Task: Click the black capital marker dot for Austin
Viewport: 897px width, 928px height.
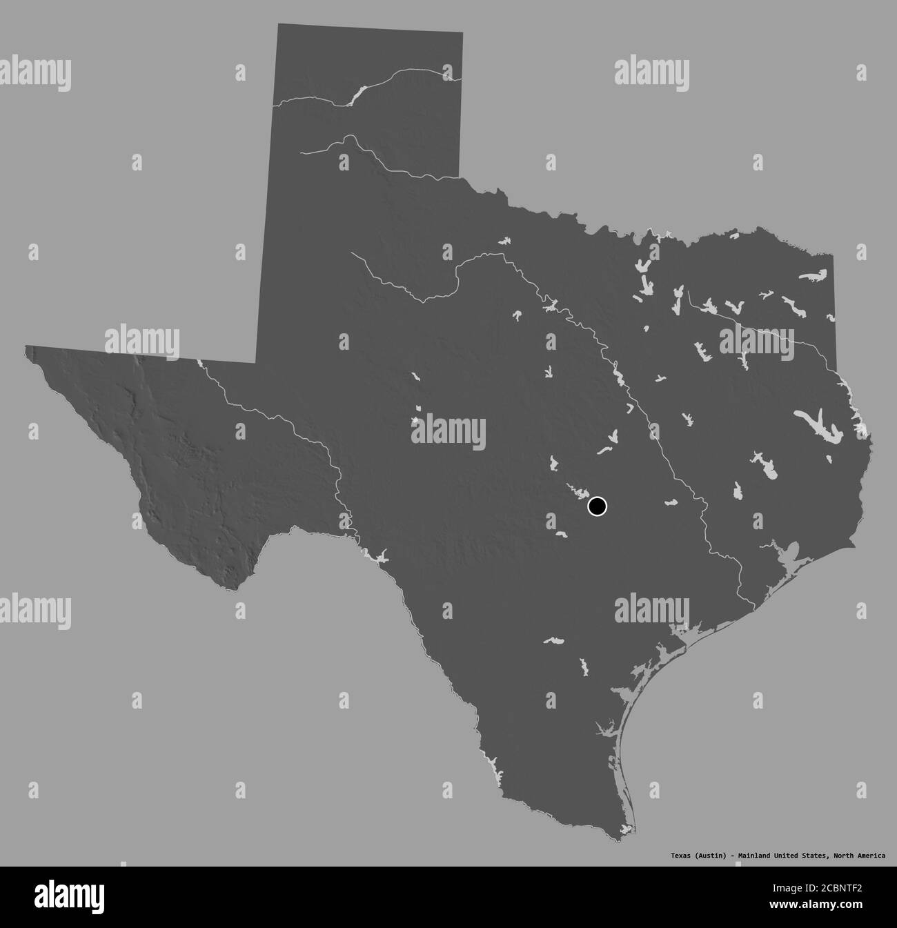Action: (x=597, y=506)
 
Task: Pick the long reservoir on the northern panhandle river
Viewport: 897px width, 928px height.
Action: (x=355, y=95)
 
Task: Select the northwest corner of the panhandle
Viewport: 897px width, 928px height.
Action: (x=278, y=25)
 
